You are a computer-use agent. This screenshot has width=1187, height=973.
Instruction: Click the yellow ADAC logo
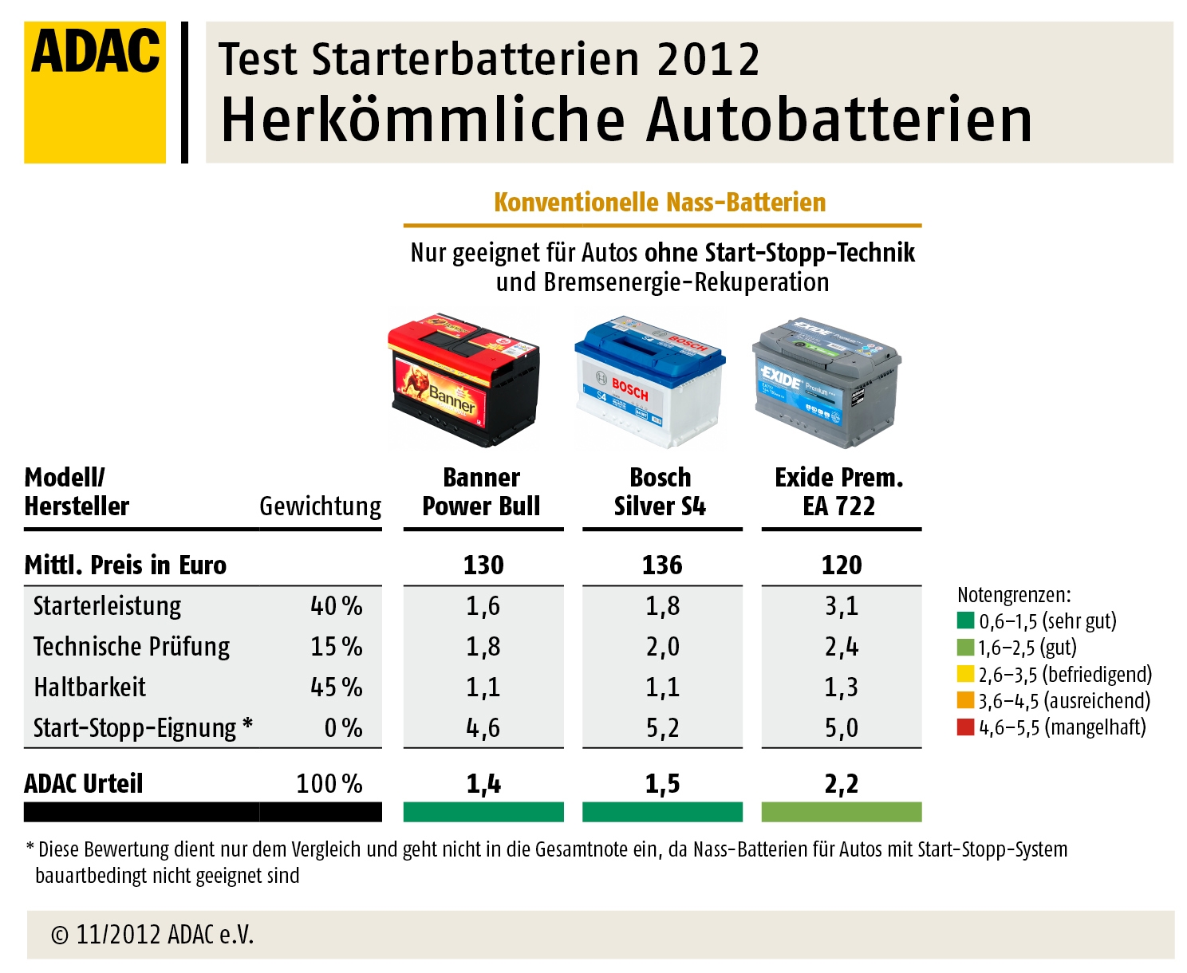point(95,92)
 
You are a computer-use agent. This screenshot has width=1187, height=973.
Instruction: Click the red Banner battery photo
point(464,379)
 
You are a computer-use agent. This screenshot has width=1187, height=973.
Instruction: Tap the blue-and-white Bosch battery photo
point(649,381)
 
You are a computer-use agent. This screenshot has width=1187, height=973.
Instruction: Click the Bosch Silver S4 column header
point(661,491)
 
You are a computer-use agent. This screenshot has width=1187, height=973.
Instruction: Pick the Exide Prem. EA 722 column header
point(839,491)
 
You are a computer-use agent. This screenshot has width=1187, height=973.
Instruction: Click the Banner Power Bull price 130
point(483,565)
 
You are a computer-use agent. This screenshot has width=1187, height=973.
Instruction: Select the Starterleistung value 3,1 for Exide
point(842,606)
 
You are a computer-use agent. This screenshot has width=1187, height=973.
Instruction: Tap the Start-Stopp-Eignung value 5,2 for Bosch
point(662,727)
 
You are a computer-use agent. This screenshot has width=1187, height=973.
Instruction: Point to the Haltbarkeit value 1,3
point(842,687)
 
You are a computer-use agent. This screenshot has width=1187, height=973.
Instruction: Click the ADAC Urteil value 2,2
point(842,784)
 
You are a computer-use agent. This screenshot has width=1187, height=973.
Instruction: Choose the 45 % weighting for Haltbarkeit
point(336,687)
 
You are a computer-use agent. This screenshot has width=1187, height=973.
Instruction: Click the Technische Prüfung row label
point(132,646)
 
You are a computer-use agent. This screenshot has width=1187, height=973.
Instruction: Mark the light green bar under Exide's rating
point(842,812)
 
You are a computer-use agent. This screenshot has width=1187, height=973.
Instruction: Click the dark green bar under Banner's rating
point(483,812)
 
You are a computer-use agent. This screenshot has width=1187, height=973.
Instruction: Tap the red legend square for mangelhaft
point(965,727)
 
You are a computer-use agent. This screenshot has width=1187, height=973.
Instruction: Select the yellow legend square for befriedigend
point(965,674)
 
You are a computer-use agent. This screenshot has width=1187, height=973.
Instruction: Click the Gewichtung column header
point(321,506)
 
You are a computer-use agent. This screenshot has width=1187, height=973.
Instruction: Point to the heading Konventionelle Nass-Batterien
point(660,203)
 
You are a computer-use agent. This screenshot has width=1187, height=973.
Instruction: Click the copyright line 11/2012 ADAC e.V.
point(152,934)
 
